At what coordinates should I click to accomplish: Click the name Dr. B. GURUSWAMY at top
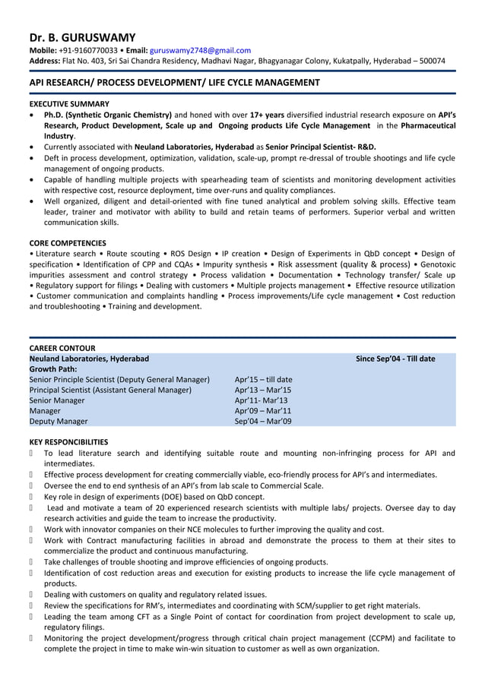pyautogui.click(x=82, y=36)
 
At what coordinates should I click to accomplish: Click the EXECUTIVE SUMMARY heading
pyautogui.click(x=69, y=103)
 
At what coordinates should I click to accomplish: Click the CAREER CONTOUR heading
pyautogui.click(x=62, y=348)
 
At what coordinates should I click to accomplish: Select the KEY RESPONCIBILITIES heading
pyautogui.click(x=68, y=441)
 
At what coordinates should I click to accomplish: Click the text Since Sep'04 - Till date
pyautogui.click(x=395, y=359)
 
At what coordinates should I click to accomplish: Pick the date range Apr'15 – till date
pyautogui.click(x=263, y=379)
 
